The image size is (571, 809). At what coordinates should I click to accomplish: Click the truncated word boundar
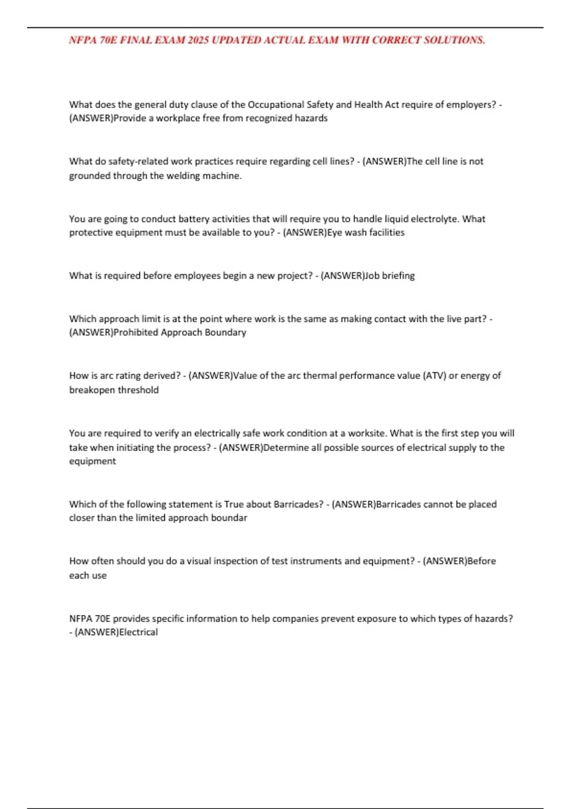[230, 518]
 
